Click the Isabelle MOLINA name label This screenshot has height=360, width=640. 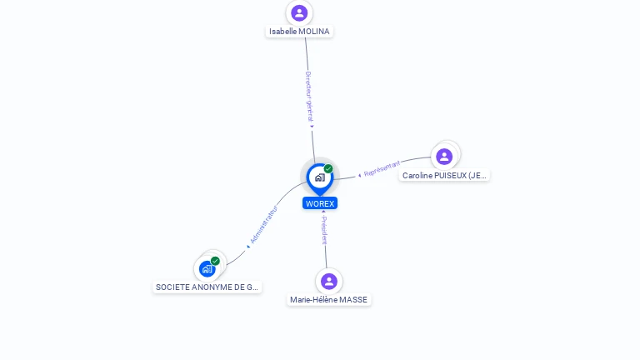[299, 32]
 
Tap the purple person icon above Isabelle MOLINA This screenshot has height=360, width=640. [299, 12]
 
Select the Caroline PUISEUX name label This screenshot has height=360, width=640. [444, 176]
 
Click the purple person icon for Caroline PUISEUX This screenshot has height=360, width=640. [444, 156]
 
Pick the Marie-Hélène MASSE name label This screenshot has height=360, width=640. [328, 300]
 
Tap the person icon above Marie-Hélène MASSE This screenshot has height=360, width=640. [328, 281]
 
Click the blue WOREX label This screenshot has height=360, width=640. [320, 203]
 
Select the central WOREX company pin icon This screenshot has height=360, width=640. [319, 177]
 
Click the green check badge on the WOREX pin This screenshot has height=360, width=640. [328, 169]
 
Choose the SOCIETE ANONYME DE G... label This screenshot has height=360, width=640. [207, 287]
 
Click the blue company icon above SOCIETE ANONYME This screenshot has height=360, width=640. [207, 269]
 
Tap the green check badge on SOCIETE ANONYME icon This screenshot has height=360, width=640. [215, 261]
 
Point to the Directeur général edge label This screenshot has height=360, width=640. [308, 97]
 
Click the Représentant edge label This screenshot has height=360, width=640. [382, 167]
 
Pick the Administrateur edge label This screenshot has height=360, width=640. [263, 224]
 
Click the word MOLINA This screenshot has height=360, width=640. [314, 32]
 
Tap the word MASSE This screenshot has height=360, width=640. [353, 300]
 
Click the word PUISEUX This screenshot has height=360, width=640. [451, 176]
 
